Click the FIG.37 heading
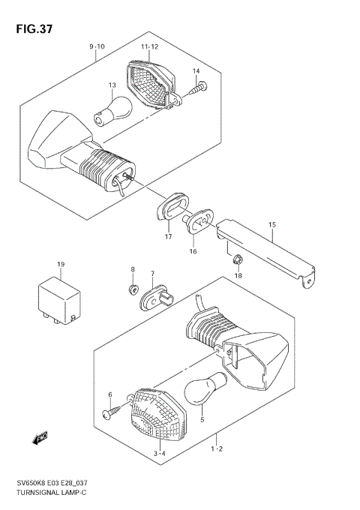34,29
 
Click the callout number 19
61,265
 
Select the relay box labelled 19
59,300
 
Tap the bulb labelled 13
113,110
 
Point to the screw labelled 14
198,88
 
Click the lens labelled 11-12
154,85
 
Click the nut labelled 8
133,289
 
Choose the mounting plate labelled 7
157,298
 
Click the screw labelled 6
114,410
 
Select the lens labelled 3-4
157,414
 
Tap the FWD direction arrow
40,438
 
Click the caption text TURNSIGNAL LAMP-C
52,492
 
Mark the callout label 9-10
97,46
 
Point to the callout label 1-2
217,449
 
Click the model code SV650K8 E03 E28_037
52,483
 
